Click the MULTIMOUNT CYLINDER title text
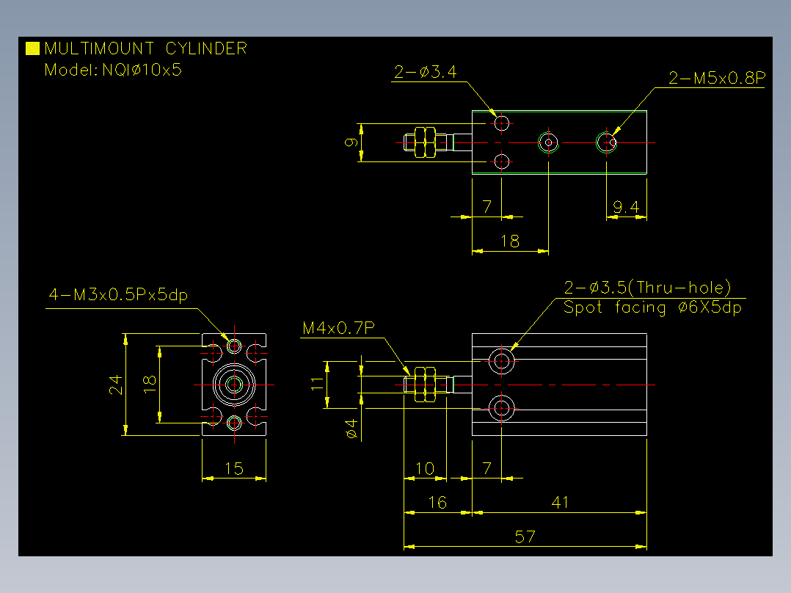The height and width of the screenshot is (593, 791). tap(146, 48)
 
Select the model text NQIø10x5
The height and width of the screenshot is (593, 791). tap(142, 70)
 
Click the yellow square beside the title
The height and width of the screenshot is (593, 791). tap(32, 48)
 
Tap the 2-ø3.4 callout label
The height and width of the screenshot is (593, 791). tap(426, 72)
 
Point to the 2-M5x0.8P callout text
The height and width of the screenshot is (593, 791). tap(717, 78)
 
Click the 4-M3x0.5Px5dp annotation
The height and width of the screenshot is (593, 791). tap(118, 294)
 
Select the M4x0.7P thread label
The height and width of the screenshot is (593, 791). tap(338, 328)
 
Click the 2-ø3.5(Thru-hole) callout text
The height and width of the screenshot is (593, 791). tap(647, 288)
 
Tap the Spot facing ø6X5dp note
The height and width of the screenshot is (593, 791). tap(652, 308)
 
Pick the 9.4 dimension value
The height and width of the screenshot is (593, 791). tap(625, 207)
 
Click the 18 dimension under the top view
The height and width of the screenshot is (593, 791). tap(509, 241)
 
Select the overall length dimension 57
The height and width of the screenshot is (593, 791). tap(525, 536)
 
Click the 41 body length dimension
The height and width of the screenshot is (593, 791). tap(560, 502)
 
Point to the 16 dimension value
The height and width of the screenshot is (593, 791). tap(437, 502)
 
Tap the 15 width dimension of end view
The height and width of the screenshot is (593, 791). tap(234, 469)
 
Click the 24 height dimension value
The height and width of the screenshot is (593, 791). tap(115, 385)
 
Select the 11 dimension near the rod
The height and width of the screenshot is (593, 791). tap(317, 383)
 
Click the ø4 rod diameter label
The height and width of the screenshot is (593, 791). tap(351, 429)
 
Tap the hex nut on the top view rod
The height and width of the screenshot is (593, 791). tap(425, 142)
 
